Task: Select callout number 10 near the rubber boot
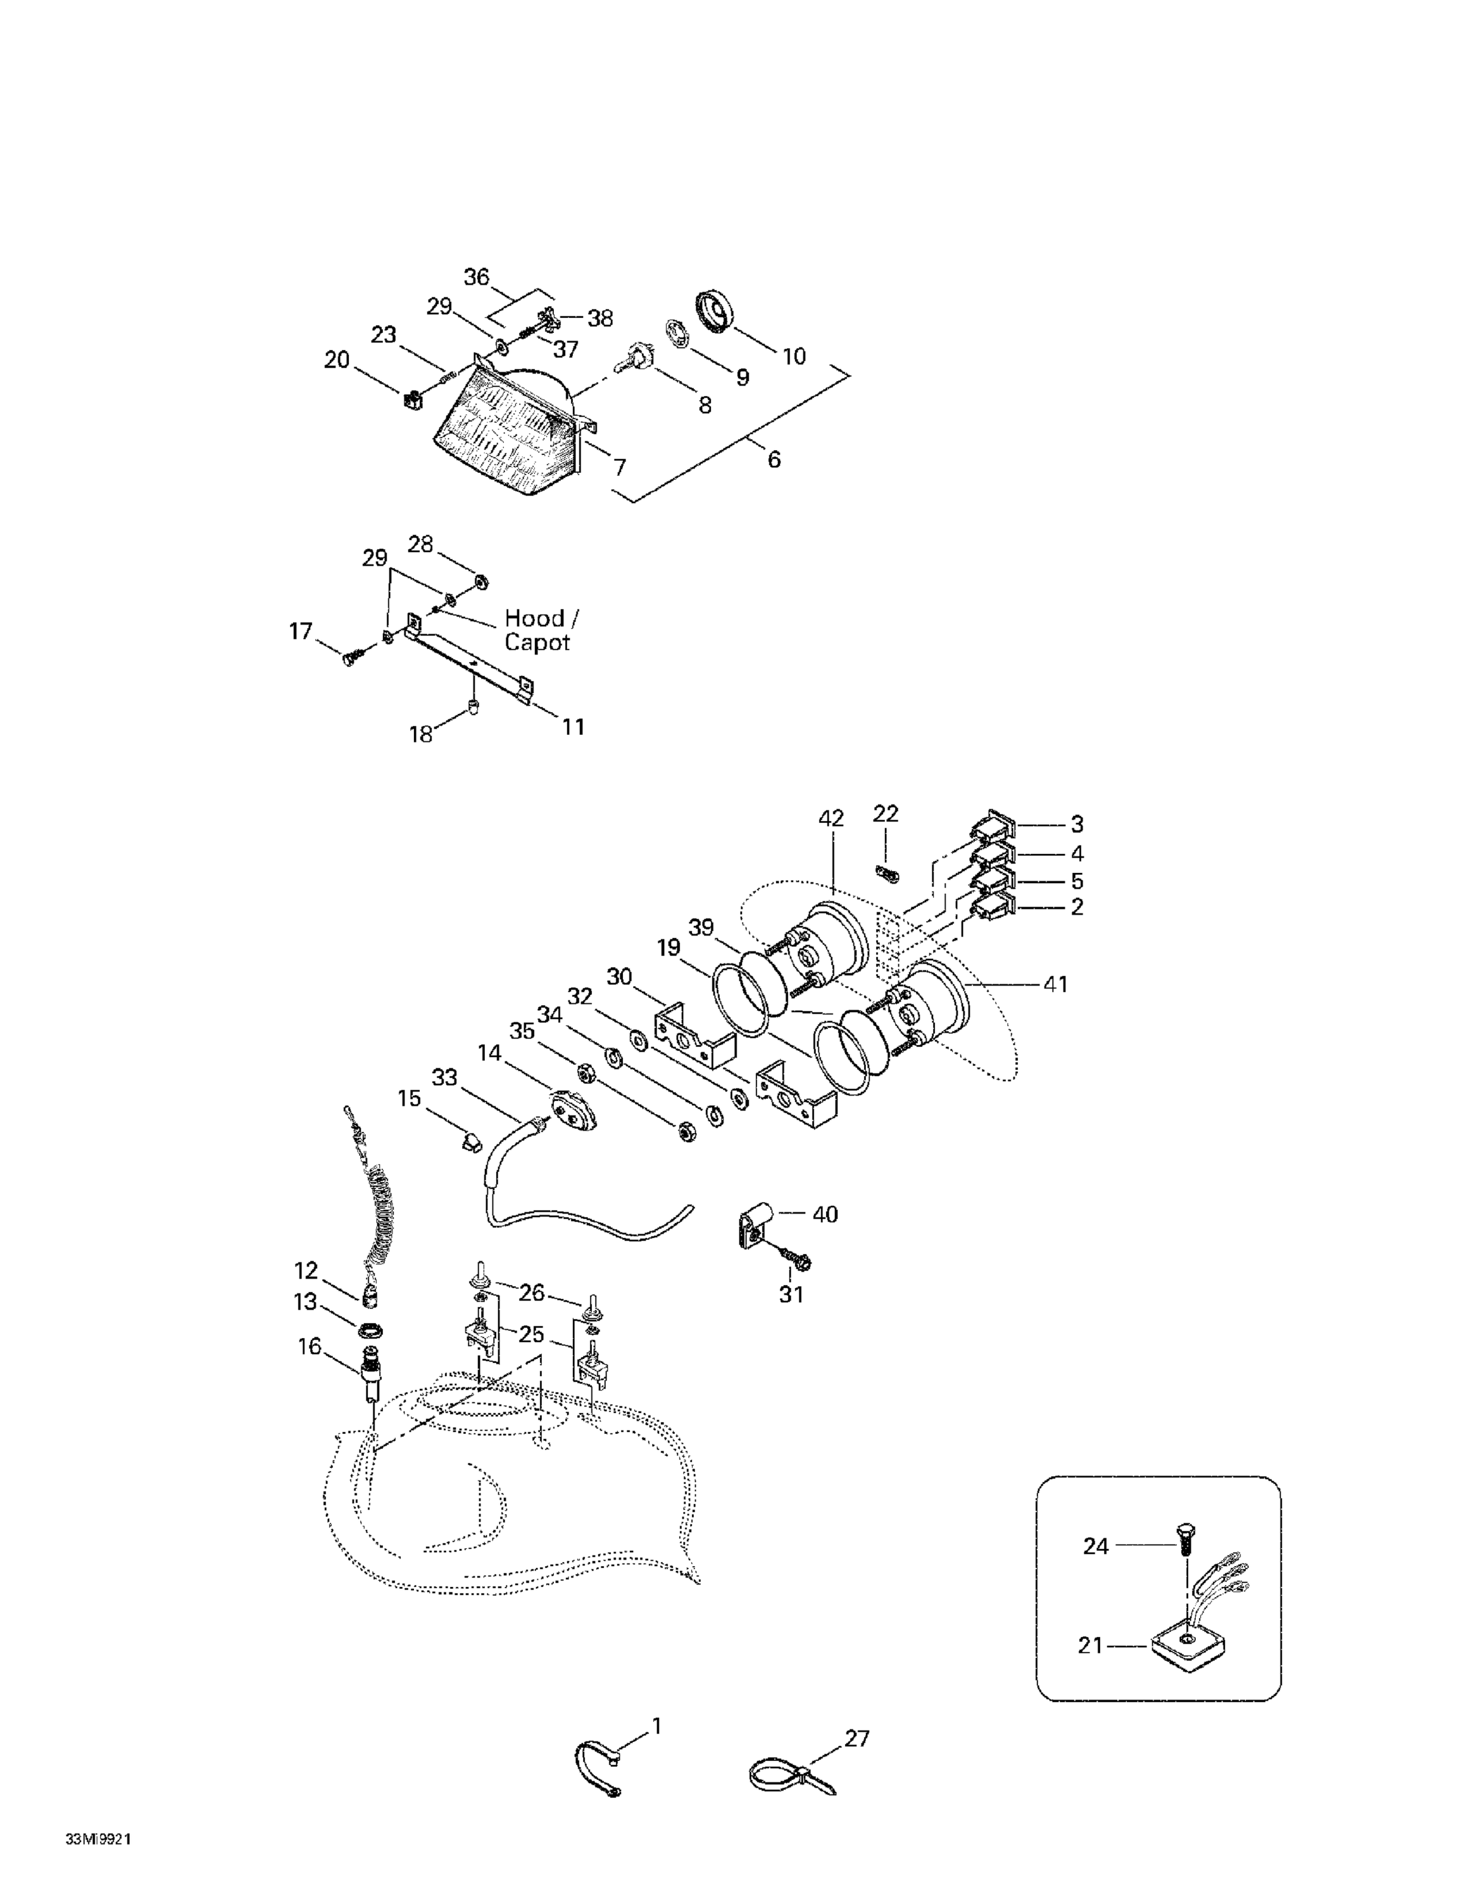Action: click(x=794, y=356)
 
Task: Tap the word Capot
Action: click(x=537, y=642)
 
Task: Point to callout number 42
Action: click(x=831, y=818)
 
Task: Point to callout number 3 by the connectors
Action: click(x=1077, y=824)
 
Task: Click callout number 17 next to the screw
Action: click(x=300, y=631)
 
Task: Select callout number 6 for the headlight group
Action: click(x=773, y=458)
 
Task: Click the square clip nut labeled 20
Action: click(x=412, y=401)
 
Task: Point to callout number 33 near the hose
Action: click(x=444, y=1078)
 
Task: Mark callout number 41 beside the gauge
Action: click(x=1055, y=984)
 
